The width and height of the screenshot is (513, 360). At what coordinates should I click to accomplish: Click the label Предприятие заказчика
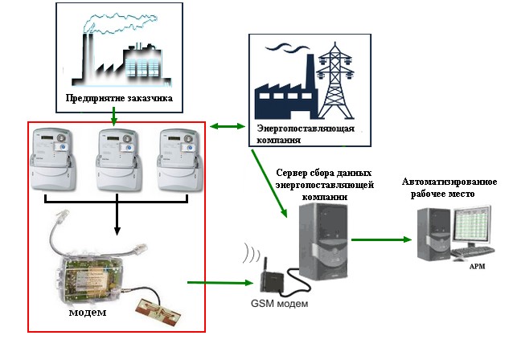coord(118,100)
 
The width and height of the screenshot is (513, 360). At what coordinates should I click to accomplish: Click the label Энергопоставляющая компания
coord(295,133)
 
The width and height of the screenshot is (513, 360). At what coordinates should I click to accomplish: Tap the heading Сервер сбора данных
coord(322,173)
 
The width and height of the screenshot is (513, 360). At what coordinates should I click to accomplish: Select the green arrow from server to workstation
coord(382,239)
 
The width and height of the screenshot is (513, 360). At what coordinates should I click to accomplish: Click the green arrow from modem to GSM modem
coord(219,281)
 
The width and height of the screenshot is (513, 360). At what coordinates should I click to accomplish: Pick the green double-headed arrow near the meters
coord(228,126)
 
